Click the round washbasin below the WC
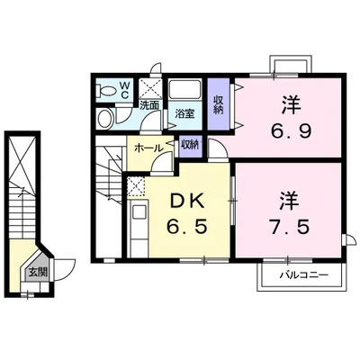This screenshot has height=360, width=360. point(104,119)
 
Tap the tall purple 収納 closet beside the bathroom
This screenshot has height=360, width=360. point(219,106)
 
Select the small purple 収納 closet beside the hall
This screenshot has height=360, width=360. point(189,145)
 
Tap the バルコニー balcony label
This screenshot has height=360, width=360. point(301,274)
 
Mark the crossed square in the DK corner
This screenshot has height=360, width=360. point(137,186)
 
